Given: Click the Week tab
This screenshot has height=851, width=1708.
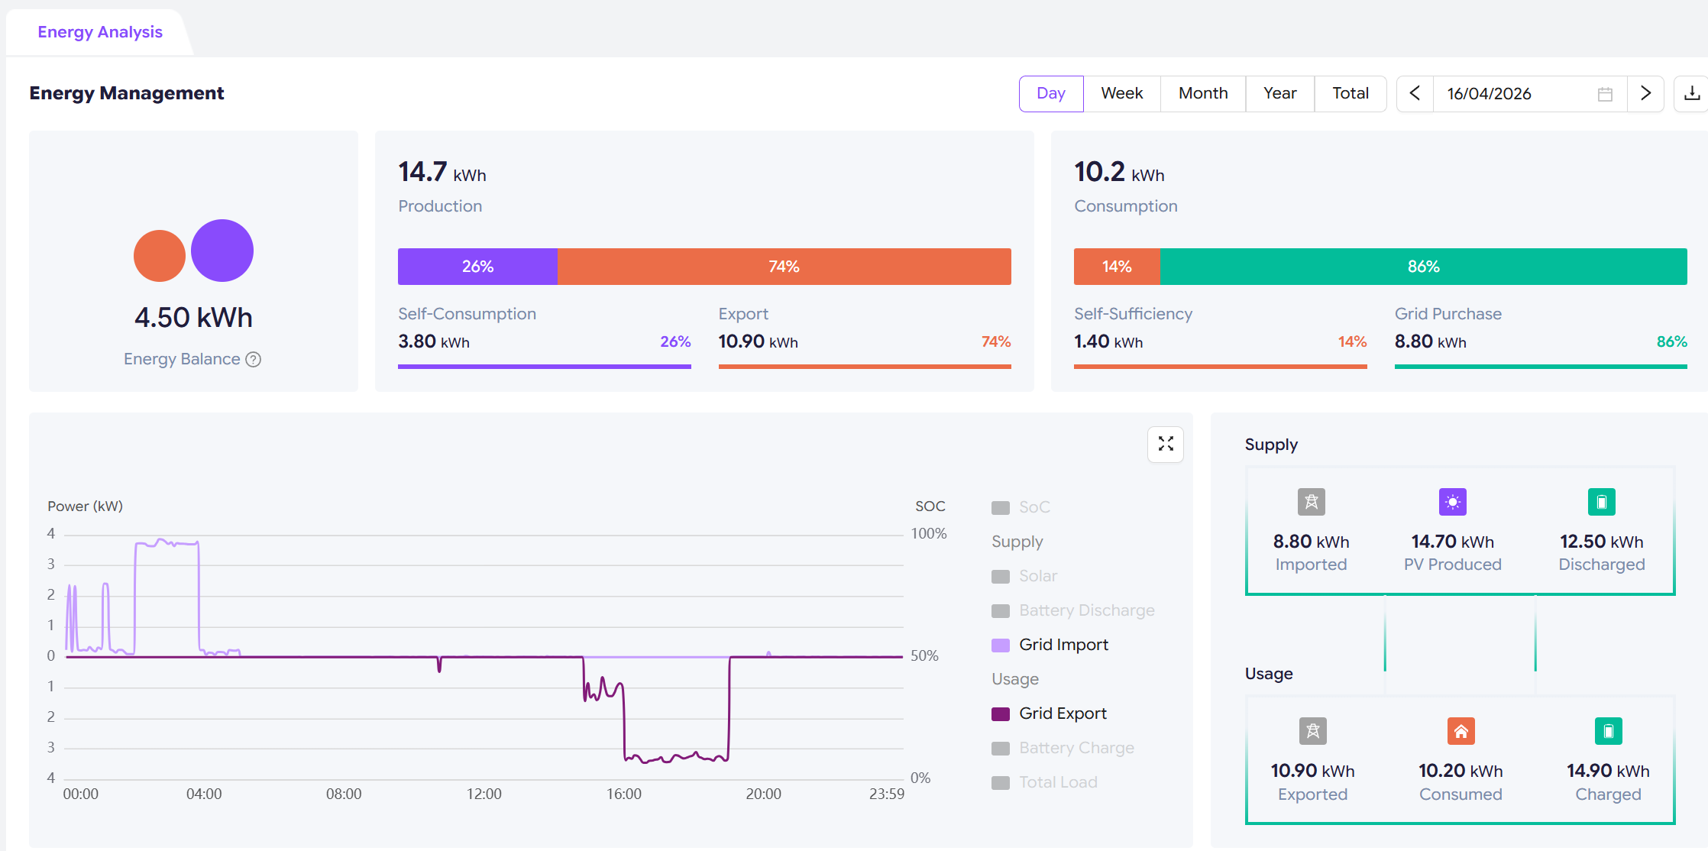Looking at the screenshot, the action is coord(1121,93).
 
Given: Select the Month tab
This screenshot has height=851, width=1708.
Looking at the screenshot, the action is coord(1203,93).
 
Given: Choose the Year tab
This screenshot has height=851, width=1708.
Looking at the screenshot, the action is coord(1280,93).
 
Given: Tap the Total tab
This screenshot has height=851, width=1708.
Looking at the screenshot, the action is coord(1351,93).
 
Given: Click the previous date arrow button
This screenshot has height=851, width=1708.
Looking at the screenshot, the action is coord(1415,93).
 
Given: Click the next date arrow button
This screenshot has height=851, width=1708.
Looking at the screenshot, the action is coord(1645,93).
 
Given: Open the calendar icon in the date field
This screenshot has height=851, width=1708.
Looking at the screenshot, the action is coord(1605,94).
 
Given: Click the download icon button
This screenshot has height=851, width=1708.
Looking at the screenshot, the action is coord(1692,93).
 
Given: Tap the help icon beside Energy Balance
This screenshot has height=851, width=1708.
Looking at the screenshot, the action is coord(253,359).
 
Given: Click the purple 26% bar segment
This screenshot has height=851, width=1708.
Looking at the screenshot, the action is coord(477,267).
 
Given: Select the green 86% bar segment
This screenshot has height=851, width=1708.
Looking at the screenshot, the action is coord(1424,267).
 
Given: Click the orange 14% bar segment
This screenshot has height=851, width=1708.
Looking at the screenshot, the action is coord(1117,267).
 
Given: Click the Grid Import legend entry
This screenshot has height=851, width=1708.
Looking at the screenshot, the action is coord(1050,645).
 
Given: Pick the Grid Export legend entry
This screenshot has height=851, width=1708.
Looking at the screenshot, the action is coord(1049,713).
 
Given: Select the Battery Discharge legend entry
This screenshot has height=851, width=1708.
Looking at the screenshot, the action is coord(1072,610).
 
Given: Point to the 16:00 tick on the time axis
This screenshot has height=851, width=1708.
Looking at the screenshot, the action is coord(624,794).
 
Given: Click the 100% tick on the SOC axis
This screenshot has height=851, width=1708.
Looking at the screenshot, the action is coord(929,534).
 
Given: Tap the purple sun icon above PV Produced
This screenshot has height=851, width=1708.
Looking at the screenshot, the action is coord(1453,502).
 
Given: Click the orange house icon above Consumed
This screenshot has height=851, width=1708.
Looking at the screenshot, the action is coord(1461,731).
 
